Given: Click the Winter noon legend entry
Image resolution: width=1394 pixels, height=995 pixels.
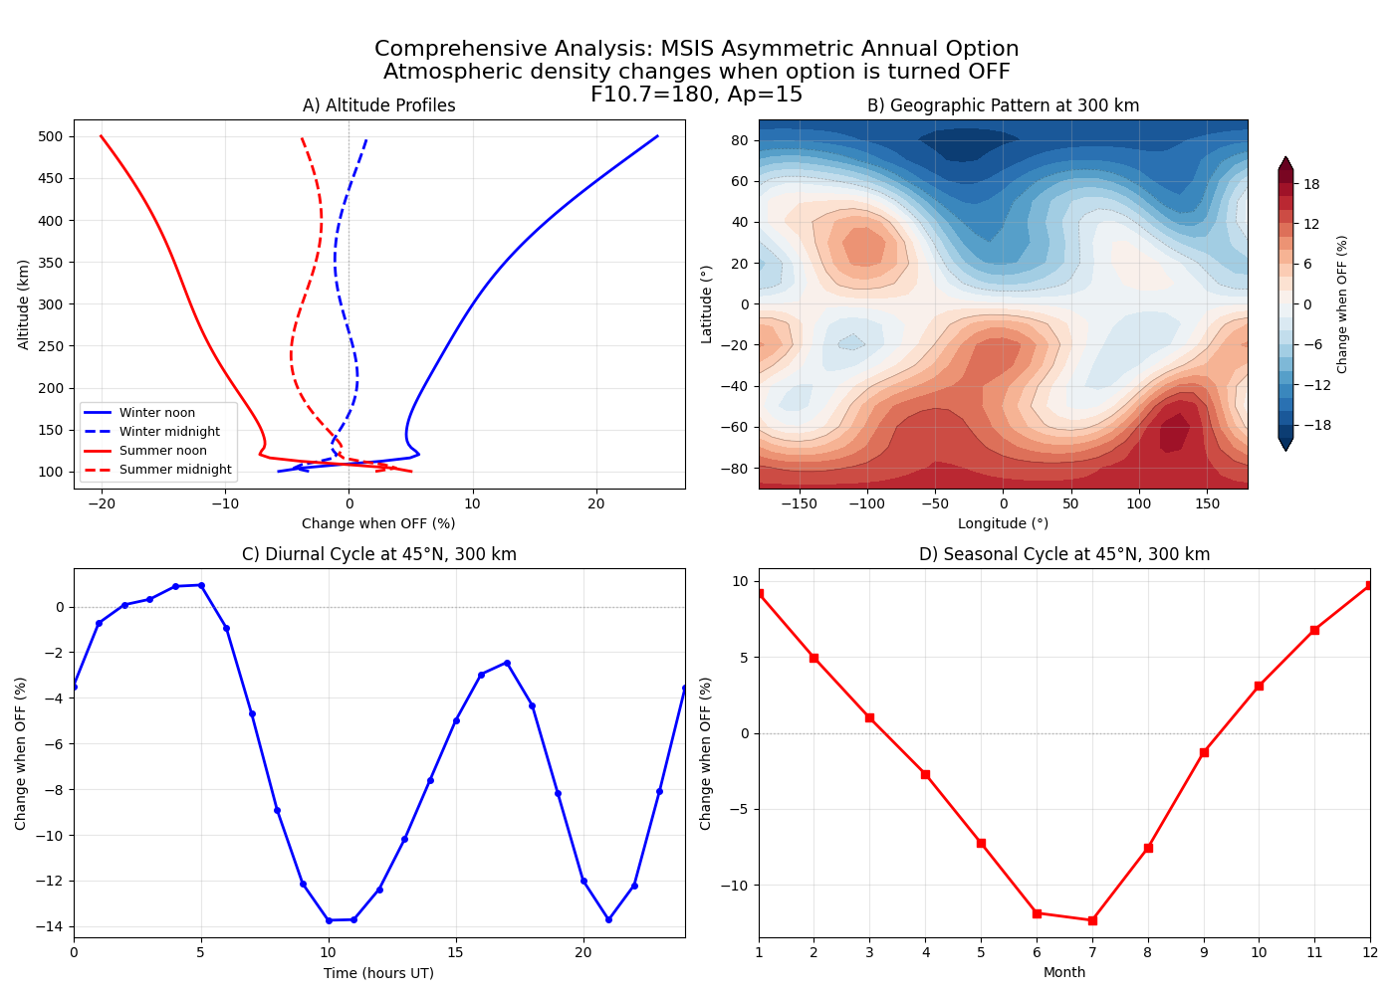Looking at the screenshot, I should tap(157, 413).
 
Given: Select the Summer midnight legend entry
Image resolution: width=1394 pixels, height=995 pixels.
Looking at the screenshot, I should tap(175, 470).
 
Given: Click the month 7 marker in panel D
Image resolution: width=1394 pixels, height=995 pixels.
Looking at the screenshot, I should tap(1092, 920).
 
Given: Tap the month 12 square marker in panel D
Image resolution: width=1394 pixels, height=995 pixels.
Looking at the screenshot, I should tap(1369, 585).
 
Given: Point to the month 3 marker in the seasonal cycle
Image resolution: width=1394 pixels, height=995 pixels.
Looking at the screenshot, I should tap(869, 717).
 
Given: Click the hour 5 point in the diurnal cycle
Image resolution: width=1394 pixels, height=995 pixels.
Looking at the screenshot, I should tap(201, 585).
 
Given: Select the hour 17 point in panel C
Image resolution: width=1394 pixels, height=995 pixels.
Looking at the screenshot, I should tap(507, 663).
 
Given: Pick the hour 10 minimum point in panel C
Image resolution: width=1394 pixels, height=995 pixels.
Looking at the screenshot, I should tap(329, 920).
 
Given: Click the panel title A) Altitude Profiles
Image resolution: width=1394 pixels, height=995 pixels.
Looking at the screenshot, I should tap(378, 105).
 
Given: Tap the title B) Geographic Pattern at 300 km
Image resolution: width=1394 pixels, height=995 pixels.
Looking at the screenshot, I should tap(1003, 105).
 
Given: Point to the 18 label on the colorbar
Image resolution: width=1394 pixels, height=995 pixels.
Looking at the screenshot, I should tap(1311, 184).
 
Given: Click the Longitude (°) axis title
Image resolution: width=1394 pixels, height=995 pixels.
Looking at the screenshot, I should tap(1003, 523).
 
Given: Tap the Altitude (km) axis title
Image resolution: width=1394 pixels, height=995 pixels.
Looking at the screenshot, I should tap(24, 304).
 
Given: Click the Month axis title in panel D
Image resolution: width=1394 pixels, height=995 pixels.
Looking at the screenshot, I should tap(1063, 972).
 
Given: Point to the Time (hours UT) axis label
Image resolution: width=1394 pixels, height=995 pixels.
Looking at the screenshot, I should tap(378, 972).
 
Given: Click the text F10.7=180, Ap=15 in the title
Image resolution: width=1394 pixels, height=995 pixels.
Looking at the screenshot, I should tap(696, 95).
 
